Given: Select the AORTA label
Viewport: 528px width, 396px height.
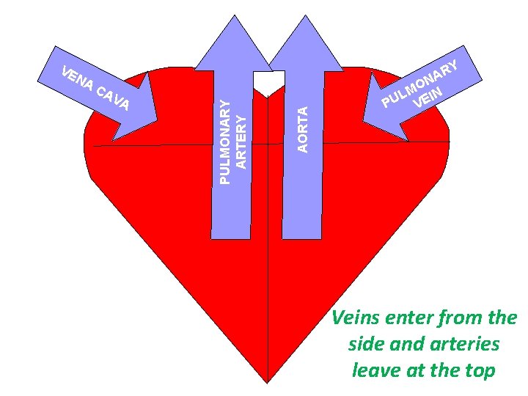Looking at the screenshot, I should point(303,128).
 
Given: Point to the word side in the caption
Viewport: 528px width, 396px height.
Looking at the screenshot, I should point(364,344).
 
